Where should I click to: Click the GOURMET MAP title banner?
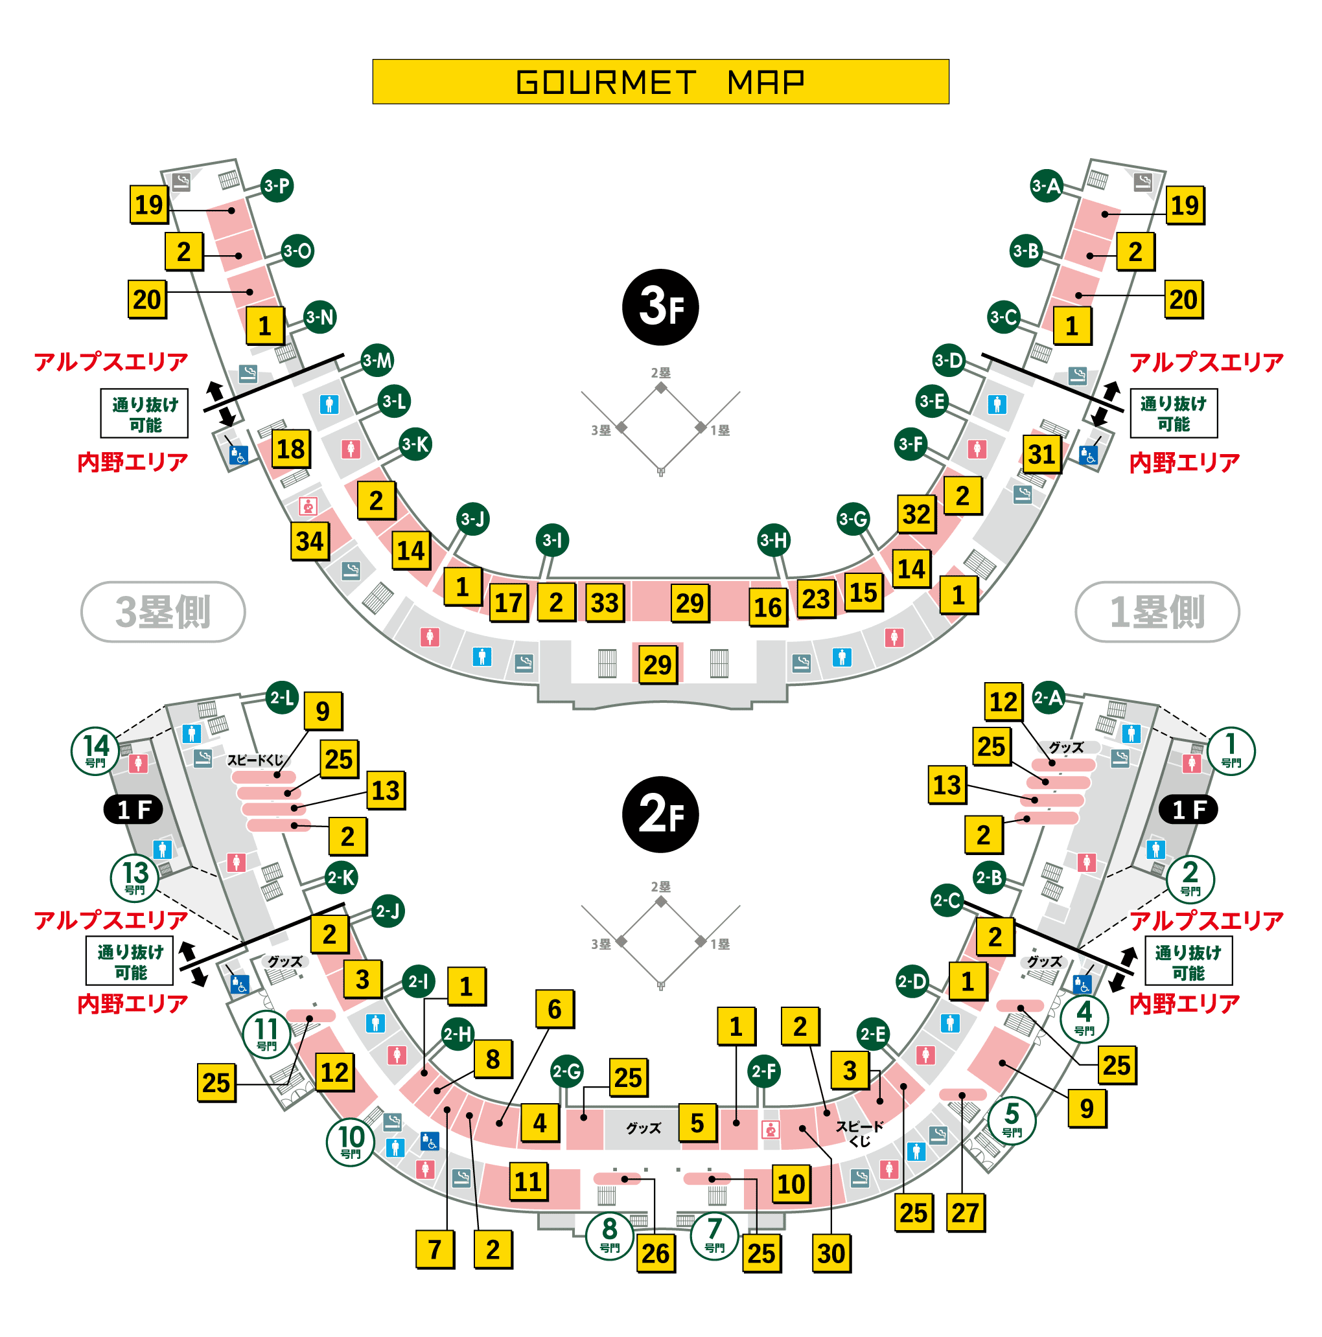coord(660,82)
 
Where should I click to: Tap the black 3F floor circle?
coord(660,306)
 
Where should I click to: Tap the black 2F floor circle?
coord(660,814)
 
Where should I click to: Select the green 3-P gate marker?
coord(277,185)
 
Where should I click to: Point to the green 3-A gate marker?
coord(1046,185)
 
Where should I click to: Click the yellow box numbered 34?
coord(309,540)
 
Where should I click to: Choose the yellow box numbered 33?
coord(604,602)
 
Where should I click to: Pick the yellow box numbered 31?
coord(1041,454)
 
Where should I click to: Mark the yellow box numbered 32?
coord(916,514)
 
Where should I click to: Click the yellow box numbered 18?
coord(291,449)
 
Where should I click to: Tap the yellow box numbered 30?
coord(831,1253)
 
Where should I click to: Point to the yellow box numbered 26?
coord(655,1253)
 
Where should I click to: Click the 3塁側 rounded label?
coord(163,611)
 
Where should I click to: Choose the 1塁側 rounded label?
coord(1157,611)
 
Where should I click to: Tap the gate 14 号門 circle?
coord(95,751)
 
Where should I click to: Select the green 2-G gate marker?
coord(567,1072)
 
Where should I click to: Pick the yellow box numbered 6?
coord(555,1009)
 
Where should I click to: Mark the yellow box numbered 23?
coord(816,598)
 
